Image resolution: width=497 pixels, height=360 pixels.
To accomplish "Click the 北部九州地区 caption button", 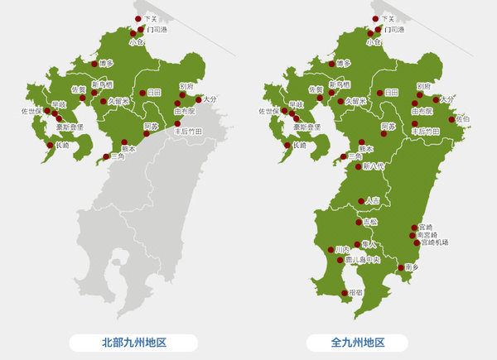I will (133, 342).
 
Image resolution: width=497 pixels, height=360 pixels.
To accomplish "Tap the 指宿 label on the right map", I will (356, 292).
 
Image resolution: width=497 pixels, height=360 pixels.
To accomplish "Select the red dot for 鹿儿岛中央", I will (346, 259).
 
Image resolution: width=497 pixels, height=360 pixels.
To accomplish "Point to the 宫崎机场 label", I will (433, 242).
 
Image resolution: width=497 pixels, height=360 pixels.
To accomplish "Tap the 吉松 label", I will (370, 222).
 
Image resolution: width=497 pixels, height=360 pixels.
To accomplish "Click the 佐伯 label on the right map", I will (461, 119).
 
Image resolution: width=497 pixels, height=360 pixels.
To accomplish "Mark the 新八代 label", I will (374, 166).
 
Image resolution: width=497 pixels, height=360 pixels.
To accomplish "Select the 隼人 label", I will (369, 244).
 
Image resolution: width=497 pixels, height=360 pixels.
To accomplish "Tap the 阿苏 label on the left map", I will (151, 127).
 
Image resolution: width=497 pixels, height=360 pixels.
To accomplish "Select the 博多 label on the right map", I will (344, 64).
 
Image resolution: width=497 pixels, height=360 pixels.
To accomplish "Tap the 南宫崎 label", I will (432, 234).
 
